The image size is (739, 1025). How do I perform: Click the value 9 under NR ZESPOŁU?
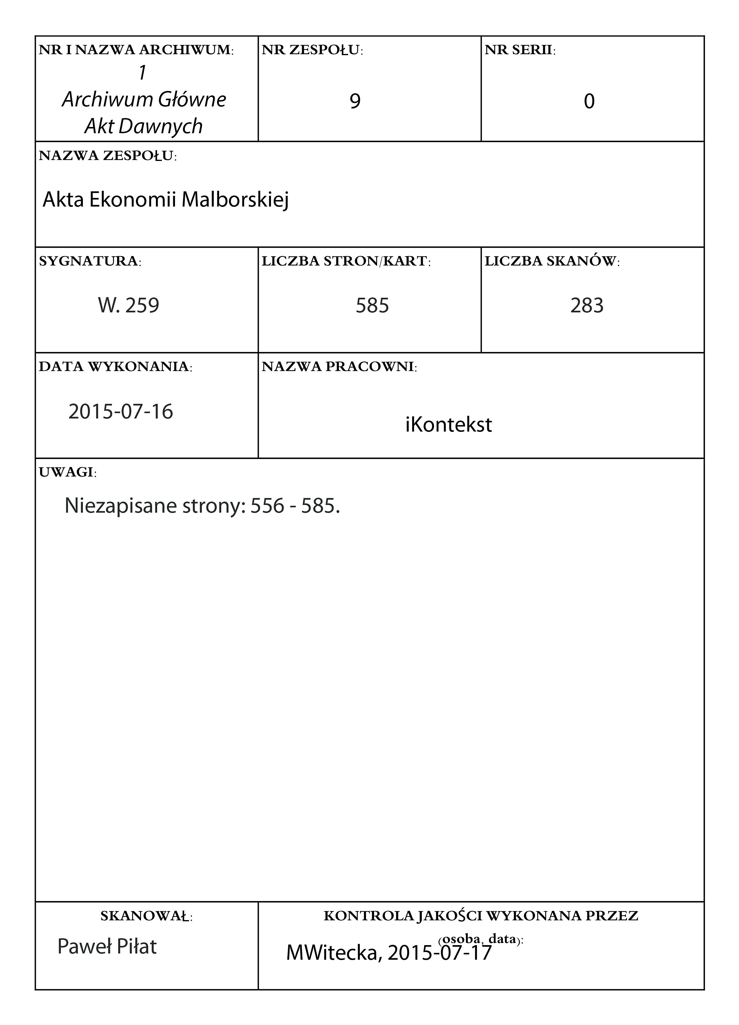[355, 101]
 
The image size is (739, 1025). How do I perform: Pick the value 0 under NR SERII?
[589, 101]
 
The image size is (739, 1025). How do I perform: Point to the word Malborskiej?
[235, 200]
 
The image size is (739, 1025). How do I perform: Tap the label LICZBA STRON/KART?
[346, 261]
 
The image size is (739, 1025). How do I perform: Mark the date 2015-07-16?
[121, 412]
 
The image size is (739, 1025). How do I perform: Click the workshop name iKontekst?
[448, 425]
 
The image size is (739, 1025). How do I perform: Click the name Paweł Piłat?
[107, 946]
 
